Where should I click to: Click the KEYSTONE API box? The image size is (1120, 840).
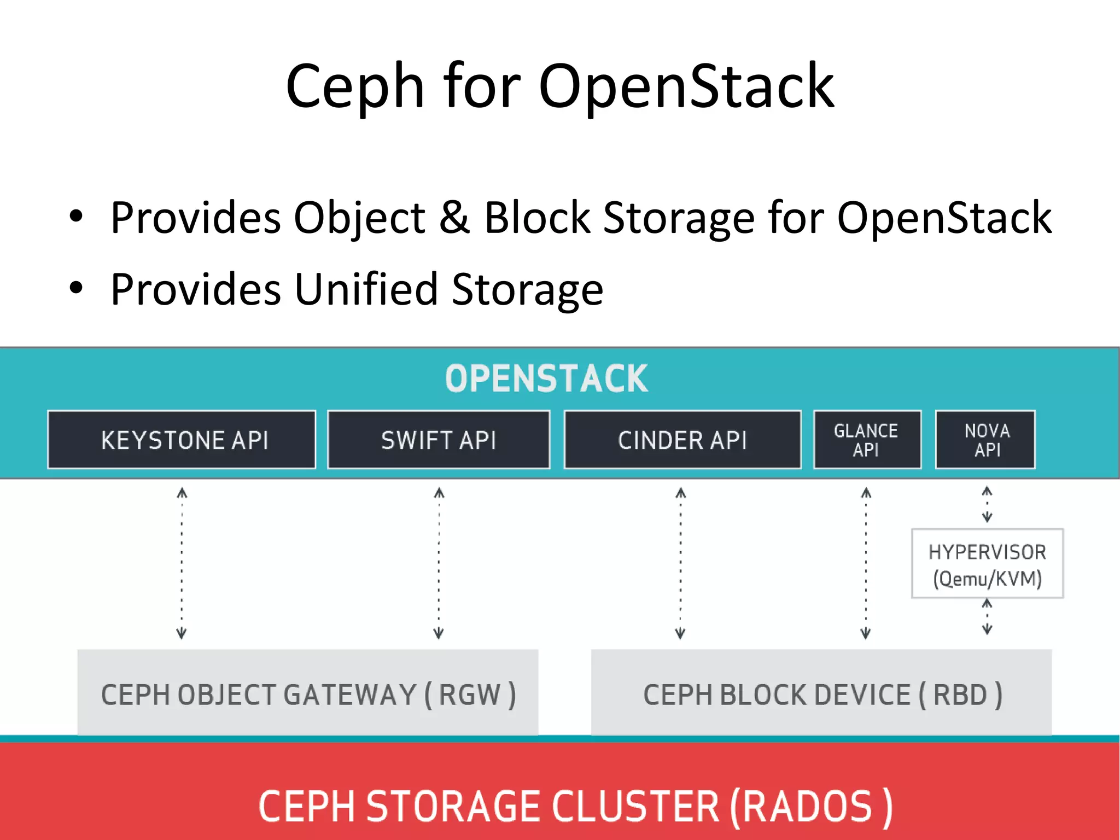click(182, 440)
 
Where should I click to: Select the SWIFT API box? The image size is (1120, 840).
click(439, 440)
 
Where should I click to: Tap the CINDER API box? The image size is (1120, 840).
click(682, 440)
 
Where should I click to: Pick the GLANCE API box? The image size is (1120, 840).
click(867, 440)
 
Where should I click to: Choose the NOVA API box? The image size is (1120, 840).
click(985, 440)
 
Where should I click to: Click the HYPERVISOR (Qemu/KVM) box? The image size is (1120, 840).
click(987, 564)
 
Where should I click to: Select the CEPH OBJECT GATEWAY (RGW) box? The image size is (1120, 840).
click(308, 693)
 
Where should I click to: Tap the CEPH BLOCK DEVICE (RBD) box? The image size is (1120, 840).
click(821, 693)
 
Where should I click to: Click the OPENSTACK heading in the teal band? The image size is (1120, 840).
click(546, 378)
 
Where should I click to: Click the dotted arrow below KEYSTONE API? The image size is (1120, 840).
click(182, 563)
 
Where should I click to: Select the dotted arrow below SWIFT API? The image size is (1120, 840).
click(439, 563)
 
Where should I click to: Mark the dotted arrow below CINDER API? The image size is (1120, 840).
click(680, 563)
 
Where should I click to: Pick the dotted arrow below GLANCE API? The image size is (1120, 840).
click(866, 563)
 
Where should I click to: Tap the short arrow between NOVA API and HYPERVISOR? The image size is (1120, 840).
click(987, 504)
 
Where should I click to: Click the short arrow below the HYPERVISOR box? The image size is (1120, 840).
click(987, 616)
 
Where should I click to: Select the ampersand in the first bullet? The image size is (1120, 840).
click(455, 217)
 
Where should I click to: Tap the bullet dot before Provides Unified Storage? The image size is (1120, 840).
click(76, 287)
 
